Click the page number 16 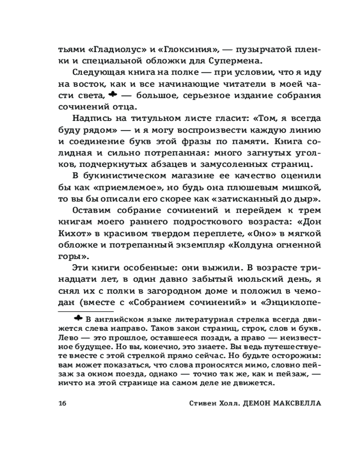tap(62, 403)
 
